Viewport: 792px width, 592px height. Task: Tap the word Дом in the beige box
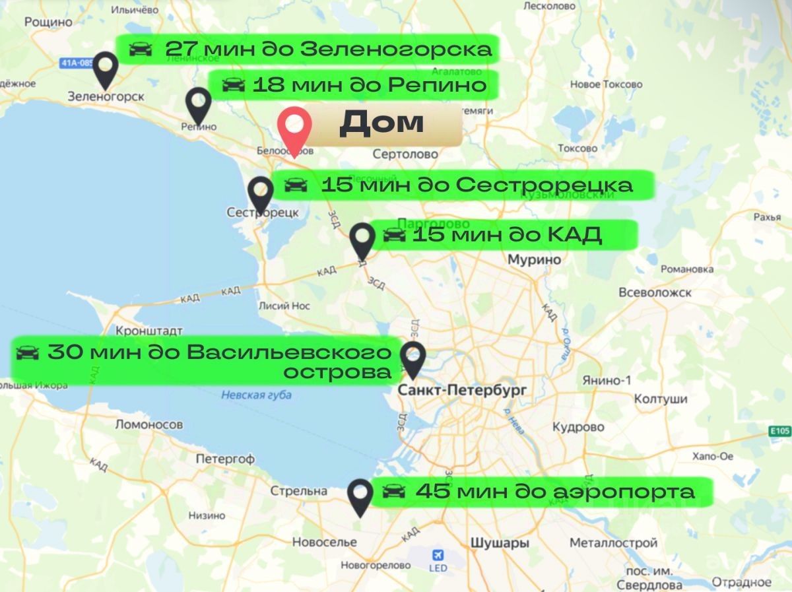[x=381, y=123]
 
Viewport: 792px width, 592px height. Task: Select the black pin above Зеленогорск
[x=106, y=69]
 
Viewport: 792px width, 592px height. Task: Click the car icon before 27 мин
[x=140, y=49]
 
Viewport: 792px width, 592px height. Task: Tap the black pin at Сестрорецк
[x=261, y=193]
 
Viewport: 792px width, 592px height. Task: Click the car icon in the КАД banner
[x=394, y=235]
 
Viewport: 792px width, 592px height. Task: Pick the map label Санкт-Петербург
[x=462, y=391]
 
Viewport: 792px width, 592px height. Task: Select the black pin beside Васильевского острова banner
[x=413, y=358]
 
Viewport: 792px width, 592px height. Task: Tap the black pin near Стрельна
[x=360, y=496]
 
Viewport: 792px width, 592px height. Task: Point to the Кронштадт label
[x=148, y=330]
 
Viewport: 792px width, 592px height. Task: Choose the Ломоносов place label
[x=148, y=424]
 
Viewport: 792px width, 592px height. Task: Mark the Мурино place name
[x=534, y=259]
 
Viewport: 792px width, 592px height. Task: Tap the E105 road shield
[x=779, y=431]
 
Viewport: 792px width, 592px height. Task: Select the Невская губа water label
[x=256, y=395]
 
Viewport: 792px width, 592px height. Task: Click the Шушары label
[x=500, y=543]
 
